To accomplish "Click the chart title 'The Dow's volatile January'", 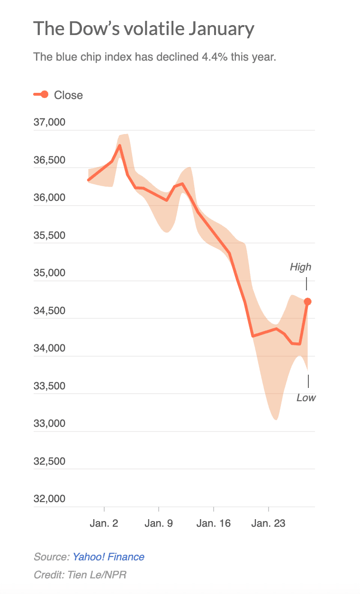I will (144, 29).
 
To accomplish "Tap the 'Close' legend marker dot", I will (45, 95).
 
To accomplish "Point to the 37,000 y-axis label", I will (49, 123).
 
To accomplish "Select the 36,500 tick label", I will (49, 160).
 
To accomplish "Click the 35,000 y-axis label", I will (49, 273).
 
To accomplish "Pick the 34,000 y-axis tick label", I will (49, 349).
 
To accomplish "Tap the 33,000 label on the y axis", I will (49, 423).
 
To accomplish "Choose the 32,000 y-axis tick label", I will (49, 499).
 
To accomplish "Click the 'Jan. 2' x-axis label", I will (104, 523).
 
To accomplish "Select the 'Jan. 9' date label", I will (159, 523).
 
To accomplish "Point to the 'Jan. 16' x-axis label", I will (213, 523).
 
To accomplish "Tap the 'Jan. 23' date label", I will (268, 523).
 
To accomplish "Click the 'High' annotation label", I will (301, 267).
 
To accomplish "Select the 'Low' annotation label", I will (306, 398).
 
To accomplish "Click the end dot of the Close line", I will (307, 301).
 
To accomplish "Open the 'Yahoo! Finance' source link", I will (108, 557).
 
